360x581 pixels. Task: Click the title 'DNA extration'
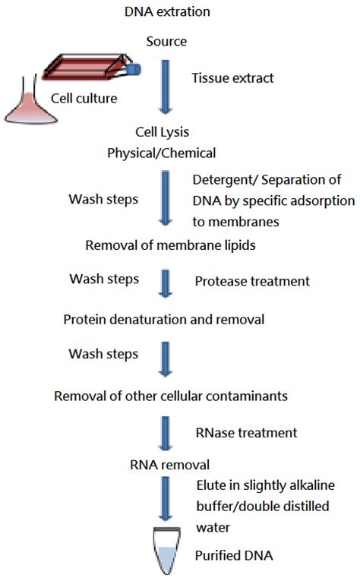167,11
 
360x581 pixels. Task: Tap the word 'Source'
166,41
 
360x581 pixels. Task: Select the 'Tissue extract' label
232,77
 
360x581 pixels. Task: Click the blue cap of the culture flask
134,69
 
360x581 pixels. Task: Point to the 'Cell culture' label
84,98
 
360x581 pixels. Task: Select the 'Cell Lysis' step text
163,132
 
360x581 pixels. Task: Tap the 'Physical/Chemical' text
162,153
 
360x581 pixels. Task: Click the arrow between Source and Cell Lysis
166,87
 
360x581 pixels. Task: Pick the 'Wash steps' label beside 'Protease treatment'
104,279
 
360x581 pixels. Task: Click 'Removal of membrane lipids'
170,245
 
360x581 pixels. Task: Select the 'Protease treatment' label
252,281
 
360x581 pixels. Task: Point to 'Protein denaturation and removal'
164,320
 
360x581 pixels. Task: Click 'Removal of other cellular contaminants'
171,396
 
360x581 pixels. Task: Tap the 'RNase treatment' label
246,433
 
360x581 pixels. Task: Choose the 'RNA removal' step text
169,465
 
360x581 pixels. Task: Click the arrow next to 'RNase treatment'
165,433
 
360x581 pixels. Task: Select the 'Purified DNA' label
234,555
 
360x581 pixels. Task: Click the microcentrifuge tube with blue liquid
167,551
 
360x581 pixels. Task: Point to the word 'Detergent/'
226,180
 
